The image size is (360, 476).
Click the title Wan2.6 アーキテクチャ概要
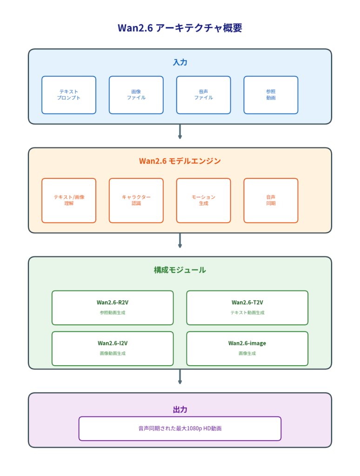[180, 28]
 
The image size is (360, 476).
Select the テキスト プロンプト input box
[69, 95]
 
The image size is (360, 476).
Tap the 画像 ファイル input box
[136, 95]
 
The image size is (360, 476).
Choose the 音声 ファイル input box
[203, 95]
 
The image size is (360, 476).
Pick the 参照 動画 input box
[271, 95]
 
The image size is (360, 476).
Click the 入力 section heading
[180, 62]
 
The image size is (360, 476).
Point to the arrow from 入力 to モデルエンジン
[180, 132]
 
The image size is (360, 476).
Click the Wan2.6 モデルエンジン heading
[180, 161]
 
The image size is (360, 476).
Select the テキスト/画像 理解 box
[69, 200]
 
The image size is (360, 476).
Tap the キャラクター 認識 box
[136, 200]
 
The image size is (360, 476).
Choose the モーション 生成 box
[203, 200]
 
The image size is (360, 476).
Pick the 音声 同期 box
[271, 200]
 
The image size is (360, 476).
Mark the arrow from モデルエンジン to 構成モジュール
[180, 240]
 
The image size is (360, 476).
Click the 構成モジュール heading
[180, 270]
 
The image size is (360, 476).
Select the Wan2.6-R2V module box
[113, 308]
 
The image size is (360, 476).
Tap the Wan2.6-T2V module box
[247, 308]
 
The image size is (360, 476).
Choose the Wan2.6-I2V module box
[113, 349]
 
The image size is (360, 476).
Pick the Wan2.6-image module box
[247, 349]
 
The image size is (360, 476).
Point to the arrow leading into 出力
[180, 377]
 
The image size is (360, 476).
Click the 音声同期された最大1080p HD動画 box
[180, 429]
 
